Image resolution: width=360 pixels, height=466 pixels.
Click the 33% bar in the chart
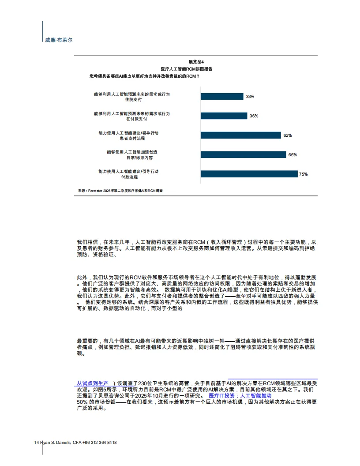pos(222,96)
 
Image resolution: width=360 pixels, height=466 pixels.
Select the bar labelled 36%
pos(224,116)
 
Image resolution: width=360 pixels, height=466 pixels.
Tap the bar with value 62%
pos(241,135)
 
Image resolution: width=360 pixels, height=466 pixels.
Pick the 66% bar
pos(243,154)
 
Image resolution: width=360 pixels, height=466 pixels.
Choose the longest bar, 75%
pos(249,174)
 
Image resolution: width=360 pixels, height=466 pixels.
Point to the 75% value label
pos(303,174)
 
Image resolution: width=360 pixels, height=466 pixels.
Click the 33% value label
pos(250,97)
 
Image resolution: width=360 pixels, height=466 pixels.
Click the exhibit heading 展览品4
pos(196,62)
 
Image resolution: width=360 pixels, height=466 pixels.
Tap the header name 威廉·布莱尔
pos(58,40)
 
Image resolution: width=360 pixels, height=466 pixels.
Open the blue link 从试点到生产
pos(93,383)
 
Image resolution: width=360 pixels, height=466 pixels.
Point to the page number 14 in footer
pos(37,442)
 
